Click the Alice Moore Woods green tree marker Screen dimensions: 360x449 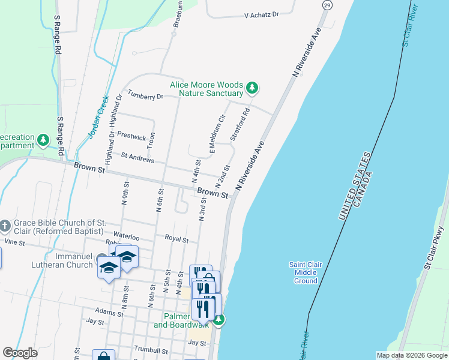point(253,89)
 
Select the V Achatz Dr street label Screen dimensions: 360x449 point(262,14)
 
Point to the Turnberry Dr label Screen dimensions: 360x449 point(145,96)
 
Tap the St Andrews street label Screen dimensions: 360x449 point(137,160)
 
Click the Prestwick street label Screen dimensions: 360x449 point(132,137)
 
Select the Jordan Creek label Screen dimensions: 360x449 point(98,116)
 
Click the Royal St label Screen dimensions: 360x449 point(176,239)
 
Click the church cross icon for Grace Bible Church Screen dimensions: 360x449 point(5,227)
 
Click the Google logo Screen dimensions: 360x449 point(20,353)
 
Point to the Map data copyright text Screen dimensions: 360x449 point(411,355)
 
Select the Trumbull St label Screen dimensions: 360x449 point(151,350)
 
